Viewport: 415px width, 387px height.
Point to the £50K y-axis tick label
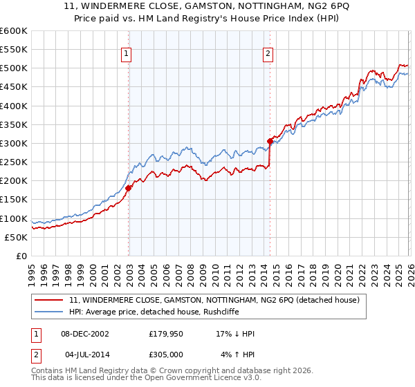pos(15,237)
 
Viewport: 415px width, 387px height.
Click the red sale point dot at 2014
pos(270,142)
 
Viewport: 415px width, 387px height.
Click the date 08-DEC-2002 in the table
pos(85,334)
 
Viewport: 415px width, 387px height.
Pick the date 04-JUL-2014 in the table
pos(85,355)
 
